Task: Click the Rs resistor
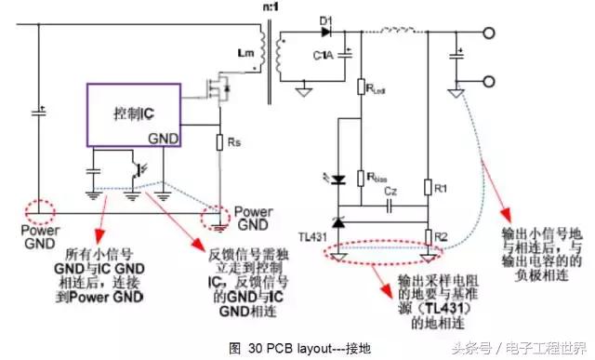[218, 145]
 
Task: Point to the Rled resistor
[361, 89]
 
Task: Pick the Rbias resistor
[361, 174]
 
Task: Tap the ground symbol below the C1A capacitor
[303, 92]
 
